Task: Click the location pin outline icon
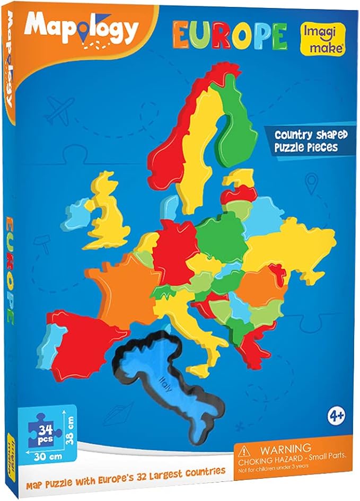(x=311, y=183)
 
